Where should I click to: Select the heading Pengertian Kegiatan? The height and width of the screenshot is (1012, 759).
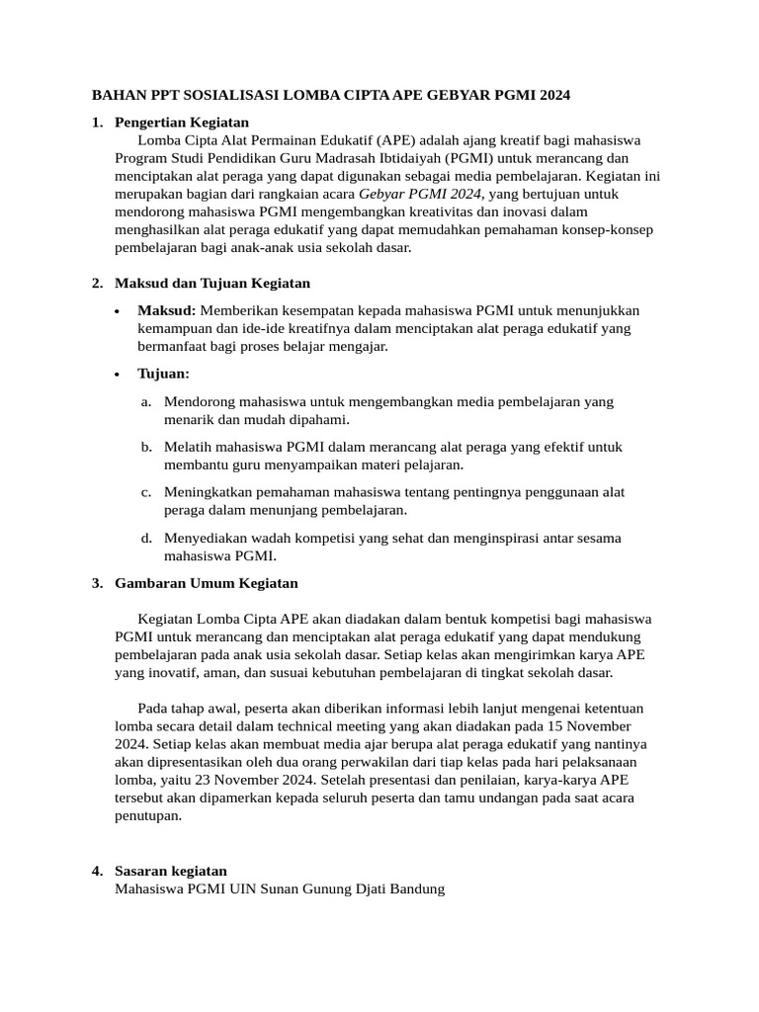point(182,123)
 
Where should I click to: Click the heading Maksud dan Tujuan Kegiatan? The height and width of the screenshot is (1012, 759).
point(212,283)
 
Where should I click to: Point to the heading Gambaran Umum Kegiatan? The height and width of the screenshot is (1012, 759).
point(207,582)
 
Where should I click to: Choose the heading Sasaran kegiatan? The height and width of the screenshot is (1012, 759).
point(171,871)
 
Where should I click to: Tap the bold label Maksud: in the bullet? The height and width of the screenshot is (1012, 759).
point(166,310)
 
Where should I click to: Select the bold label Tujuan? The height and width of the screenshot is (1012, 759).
point(163,374)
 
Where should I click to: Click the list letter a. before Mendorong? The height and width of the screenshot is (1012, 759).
point(145,401)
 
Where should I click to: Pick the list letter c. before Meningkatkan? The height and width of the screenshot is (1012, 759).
point(145,492)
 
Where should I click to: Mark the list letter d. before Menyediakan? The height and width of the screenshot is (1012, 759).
point(145,538)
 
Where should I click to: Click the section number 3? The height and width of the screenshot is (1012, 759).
point(97,582)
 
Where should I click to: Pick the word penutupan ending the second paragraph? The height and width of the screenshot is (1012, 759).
point(148,815)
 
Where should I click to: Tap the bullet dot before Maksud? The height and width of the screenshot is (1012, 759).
point(118,311)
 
